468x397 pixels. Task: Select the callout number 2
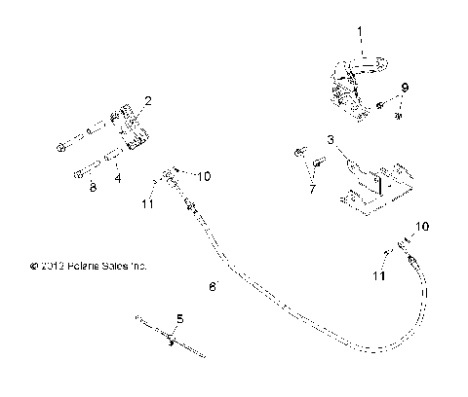click(147, 100)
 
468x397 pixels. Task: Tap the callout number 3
click(331, 140)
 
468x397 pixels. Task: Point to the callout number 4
click(117, 178)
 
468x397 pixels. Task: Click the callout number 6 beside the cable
click(212, 286)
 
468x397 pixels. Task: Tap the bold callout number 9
click(405, 88)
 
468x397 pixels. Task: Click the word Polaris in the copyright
click(85, 265)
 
